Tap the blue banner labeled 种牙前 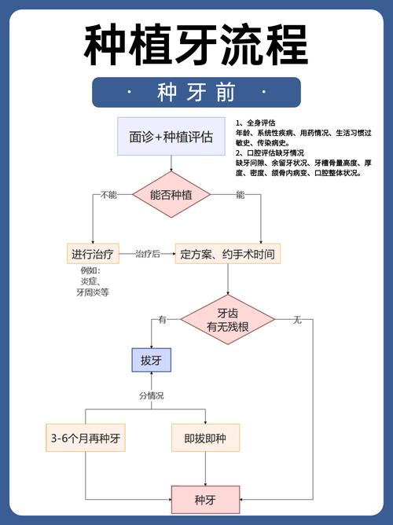coord(196,93)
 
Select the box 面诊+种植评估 coord(171,136)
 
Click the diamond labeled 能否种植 coord(171,194)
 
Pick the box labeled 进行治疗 coord(93,253)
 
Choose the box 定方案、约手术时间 coord(228,253)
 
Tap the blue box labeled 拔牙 coord(151,361)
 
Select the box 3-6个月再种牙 coord(86,438)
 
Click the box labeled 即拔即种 coord(204,438)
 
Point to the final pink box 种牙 coord(204,499)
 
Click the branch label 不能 coord(108,194)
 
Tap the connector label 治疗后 coord(147,253)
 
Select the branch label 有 coord(163,320)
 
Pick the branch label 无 coord(297,320)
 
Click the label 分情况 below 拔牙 coord(151,395)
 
